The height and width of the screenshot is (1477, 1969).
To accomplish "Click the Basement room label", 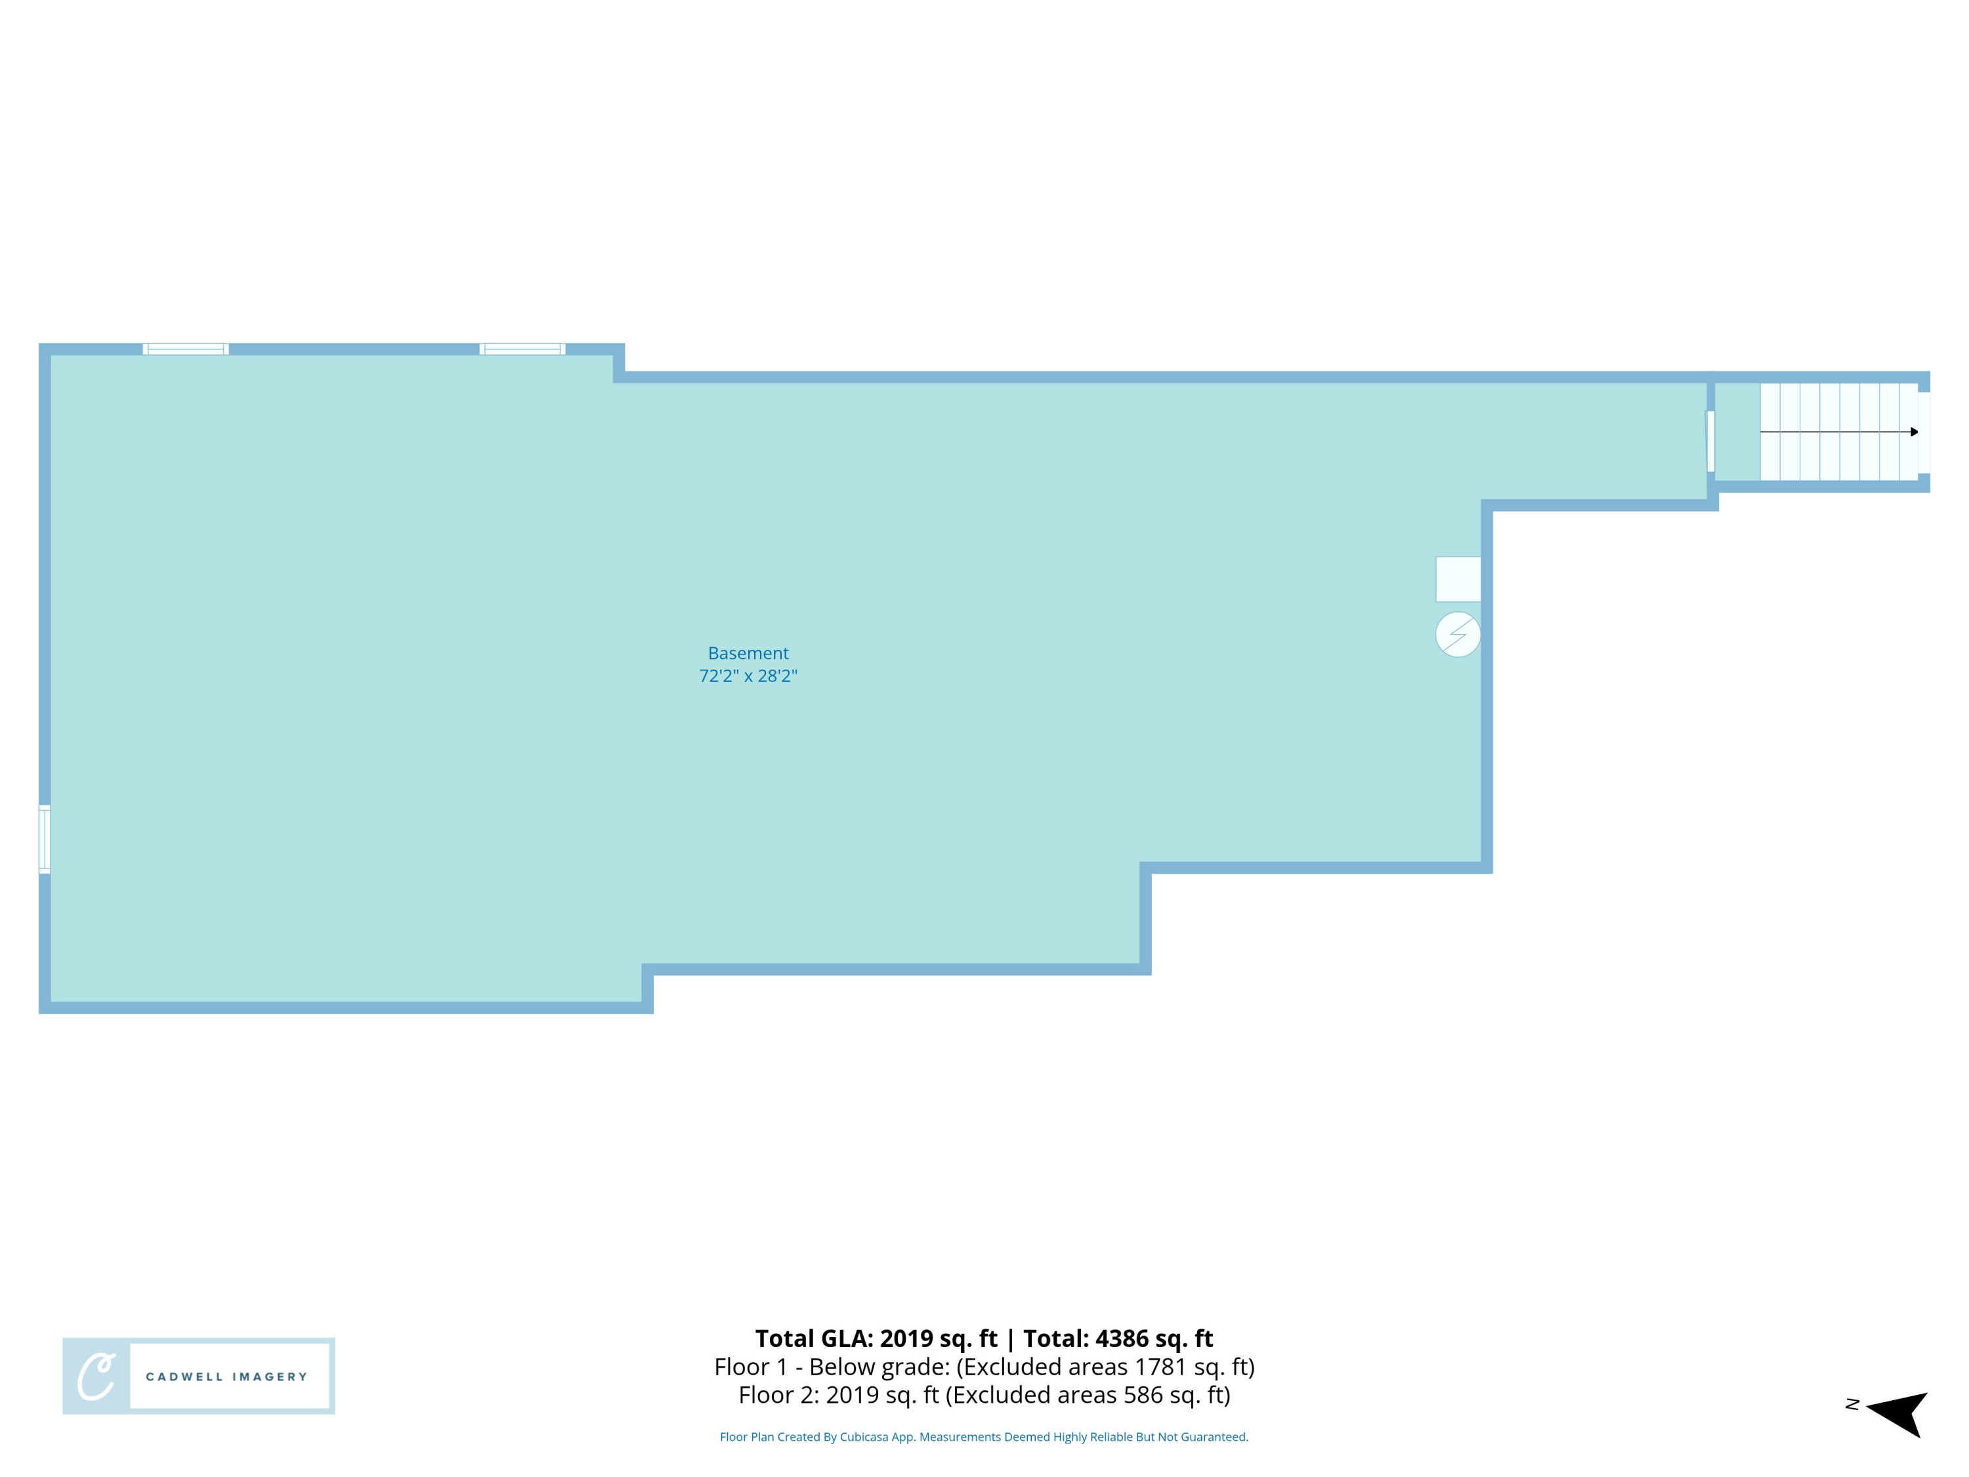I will pos(748,653).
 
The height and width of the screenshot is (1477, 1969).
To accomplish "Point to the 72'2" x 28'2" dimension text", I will pos(748,675).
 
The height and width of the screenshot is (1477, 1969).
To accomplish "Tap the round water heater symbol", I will pos(1457,635).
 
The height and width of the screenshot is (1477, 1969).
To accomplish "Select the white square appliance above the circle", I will pos(1457,580).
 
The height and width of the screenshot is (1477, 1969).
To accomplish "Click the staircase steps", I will pos(1838,432).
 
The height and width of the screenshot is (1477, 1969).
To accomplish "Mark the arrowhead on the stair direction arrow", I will pos(1915,432).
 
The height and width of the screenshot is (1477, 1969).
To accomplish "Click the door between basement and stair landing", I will pos(1710,442).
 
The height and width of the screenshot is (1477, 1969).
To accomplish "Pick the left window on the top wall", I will pos(186,349).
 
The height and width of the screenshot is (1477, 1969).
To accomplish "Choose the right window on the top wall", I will pos(522,349).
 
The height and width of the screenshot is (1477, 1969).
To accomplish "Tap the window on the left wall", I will pos(45,839).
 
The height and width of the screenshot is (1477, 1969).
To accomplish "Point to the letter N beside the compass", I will pos(1852,1405).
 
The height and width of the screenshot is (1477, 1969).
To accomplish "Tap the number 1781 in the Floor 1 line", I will pos(1159,1367).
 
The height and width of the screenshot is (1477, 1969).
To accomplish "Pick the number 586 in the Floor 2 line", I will pos(1142,1395).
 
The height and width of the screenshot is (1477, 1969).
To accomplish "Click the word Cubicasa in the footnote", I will pos(864,1437).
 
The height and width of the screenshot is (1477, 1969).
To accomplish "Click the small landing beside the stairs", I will pos(1737,432).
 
